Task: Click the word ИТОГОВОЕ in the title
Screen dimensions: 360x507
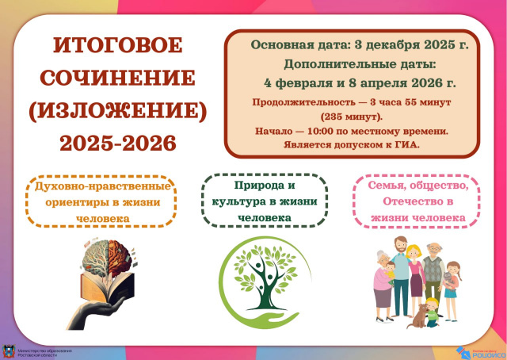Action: pos(117,45)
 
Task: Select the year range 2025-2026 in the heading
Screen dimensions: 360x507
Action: pos(117,144)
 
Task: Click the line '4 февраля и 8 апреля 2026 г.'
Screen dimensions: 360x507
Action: pos(359,82)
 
